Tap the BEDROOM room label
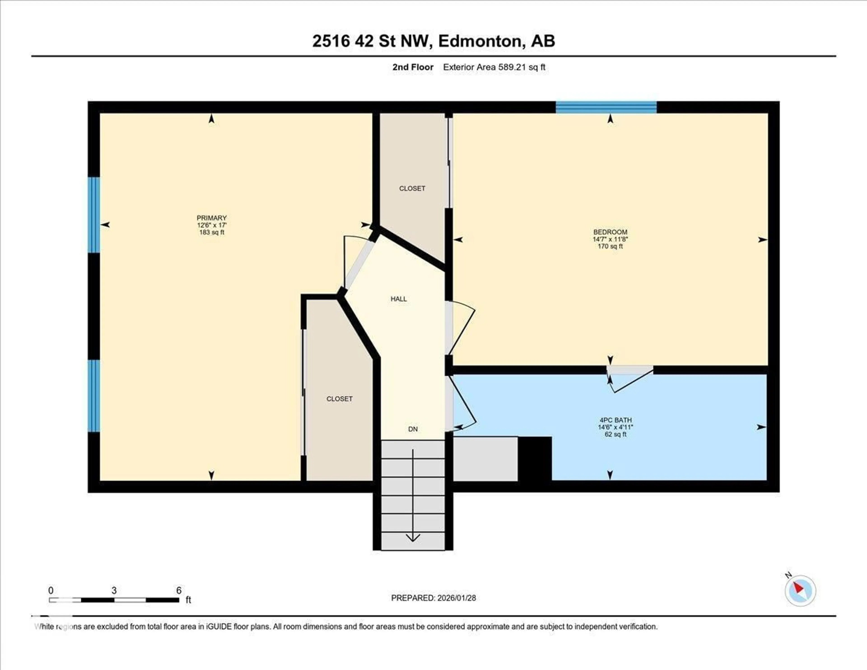pyautogui.click(x=610, y=232)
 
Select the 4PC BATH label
pyautogui.click(x=615, y=420)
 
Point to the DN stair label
pyautogui.click(x=413, y=429)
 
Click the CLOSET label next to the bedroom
pyautogui.click(x=412, y=188)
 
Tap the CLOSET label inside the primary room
pyautogui.click(x=339, y=399)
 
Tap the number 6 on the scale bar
pyautogui.click(x=179, y=590)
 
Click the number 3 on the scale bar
pyautogui.click(x=114, y=590)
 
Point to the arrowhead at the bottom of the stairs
pyautogui.click(x=413, y=538)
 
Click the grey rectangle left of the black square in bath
pyautogui.click(x=485, y=459)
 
